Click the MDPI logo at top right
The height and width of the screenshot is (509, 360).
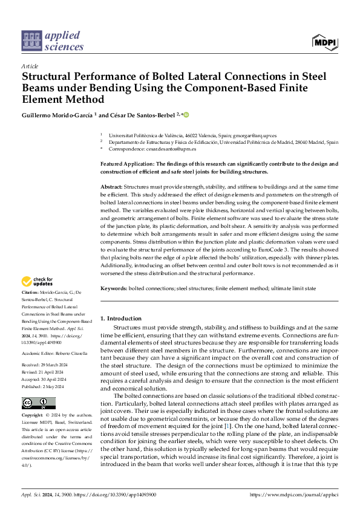click(324, 42)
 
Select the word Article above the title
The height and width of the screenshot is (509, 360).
click(30, 65)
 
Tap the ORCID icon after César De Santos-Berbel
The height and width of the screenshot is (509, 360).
click(186, 114)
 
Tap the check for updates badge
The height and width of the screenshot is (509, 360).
click(38, 281)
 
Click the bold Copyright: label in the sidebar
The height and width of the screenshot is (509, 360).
click(34, 417)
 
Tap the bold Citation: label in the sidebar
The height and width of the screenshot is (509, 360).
click(33, 292)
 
